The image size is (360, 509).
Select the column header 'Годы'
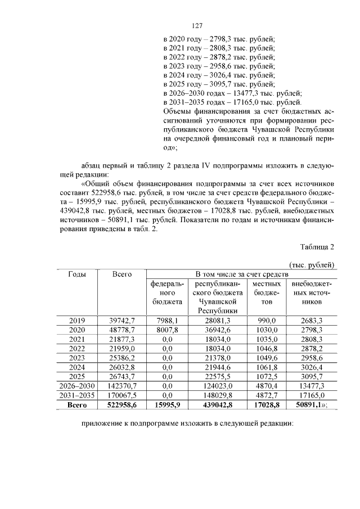[x=76, y=274]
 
